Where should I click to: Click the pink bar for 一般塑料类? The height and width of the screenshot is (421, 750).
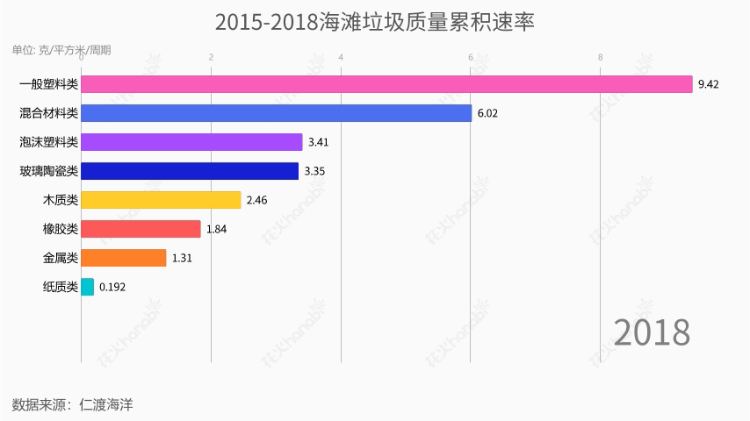(386, 84)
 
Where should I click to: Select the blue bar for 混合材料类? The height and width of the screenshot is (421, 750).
(276, 113)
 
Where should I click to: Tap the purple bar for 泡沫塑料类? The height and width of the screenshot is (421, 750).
(191, 142)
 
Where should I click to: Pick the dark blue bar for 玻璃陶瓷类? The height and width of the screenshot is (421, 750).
(190, 171)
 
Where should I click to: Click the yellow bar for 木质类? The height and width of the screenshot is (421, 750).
(161, 200)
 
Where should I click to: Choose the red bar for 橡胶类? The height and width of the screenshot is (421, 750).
(141, 229)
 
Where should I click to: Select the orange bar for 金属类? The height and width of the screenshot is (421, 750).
(123, 258)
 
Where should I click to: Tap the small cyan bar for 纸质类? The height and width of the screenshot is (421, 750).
(87, 287)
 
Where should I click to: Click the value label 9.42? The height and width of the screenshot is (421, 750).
(709, 84)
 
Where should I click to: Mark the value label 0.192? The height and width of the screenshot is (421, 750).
(112, 287)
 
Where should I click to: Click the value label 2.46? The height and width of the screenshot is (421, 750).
(256, 200)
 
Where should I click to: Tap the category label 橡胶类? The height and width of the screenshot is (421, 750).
(60, 229)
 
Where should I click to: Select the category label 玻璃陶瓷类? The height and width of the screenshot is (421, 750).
(48, 171)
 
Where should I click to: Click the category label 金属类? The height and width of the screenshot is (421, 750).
(60, 258)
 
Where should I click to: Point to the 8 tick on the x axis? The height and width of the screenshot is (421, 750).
(601, 58)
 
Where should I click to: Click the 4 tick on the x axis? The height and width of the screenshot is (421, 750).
(341, 58)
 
